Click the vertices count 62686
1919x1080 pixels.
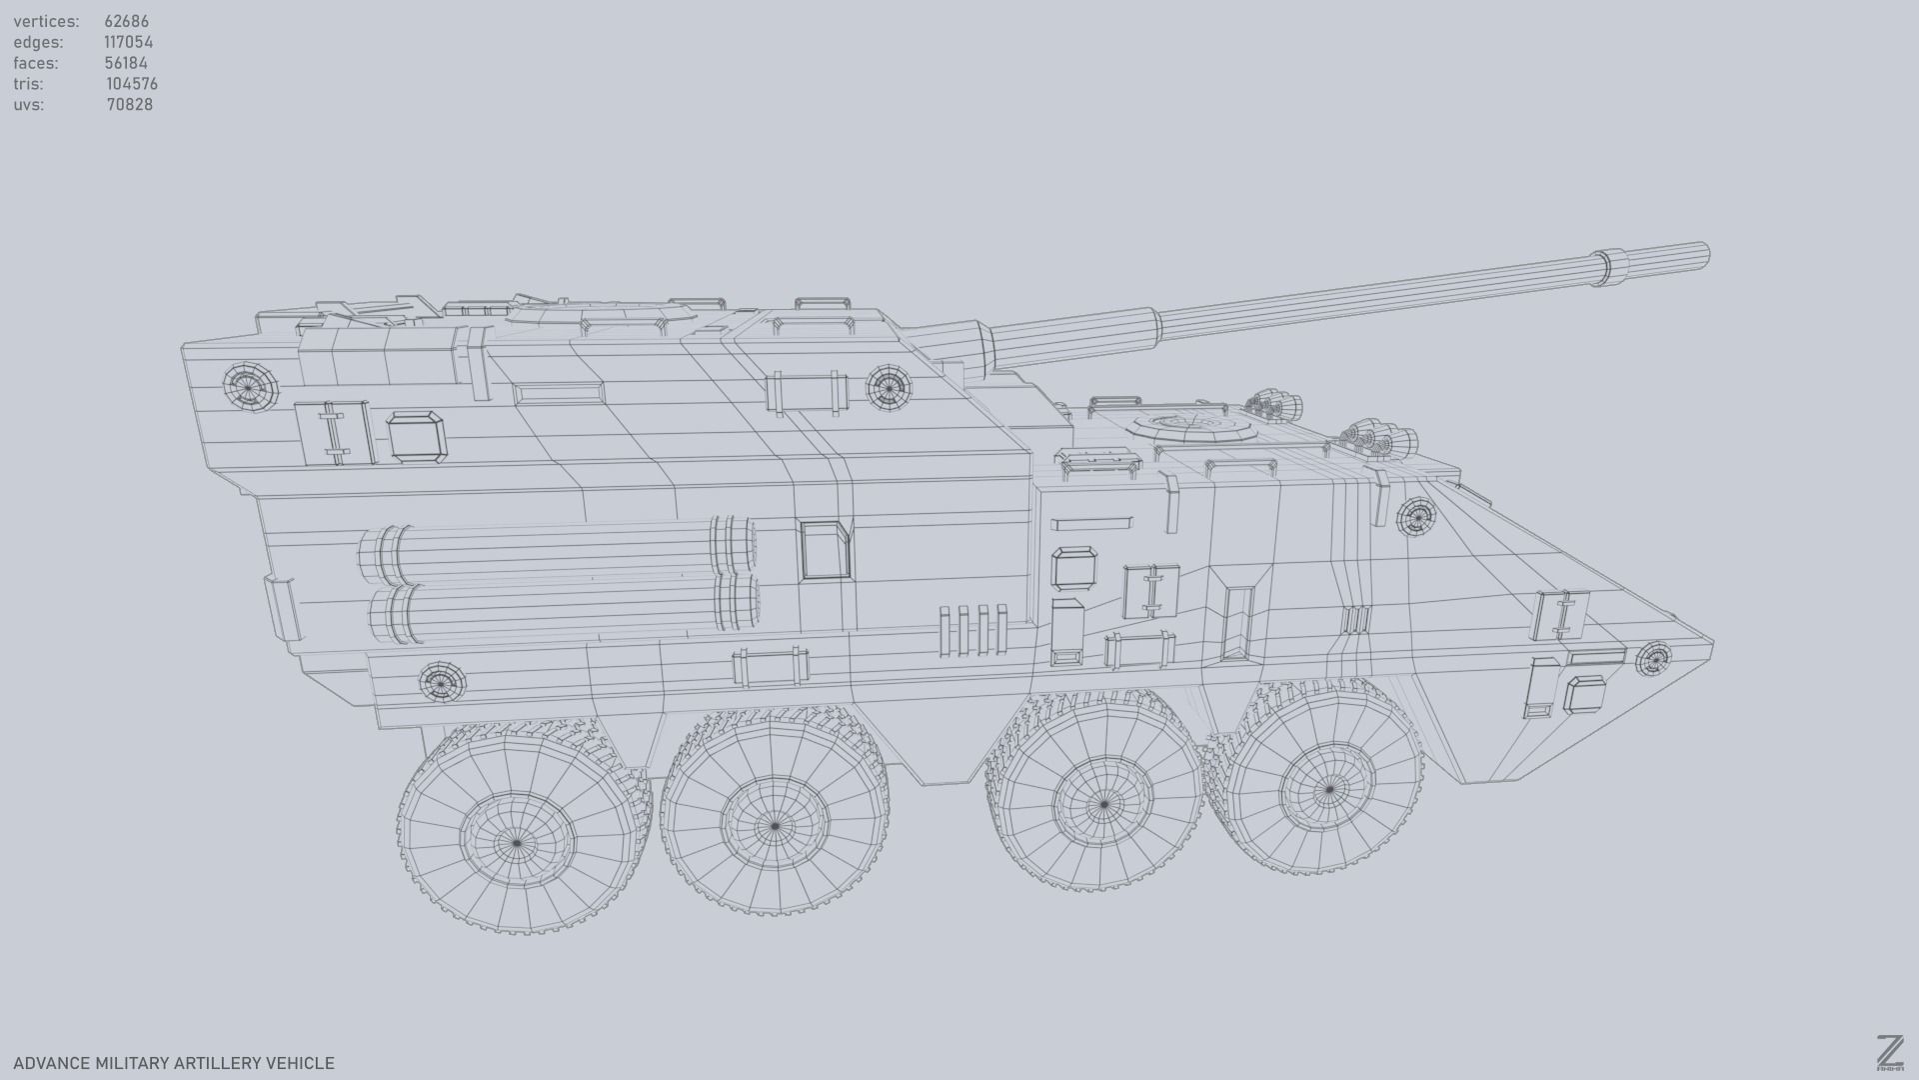126,21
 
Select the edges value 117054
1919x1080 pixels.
128,42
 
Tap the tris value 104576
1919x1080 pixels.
131,84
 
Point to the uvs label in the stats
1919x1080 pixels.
28,105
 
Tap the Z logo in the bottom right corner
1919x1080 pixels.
1889,1054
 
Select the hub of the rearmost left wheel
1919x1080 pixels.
517,843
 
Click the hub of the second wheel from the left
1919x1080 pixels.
775,826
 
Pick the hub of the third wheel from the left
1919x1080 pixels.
1103,804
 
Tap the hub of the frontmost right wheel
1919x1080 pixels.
1328,789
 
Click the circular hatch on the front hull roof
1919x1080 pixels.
1194,427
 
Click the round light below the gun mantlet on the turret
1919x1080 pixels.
888,386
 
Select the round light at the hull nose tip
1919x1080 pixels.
1653,660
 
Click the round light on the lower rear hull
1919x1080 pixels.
440,682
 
